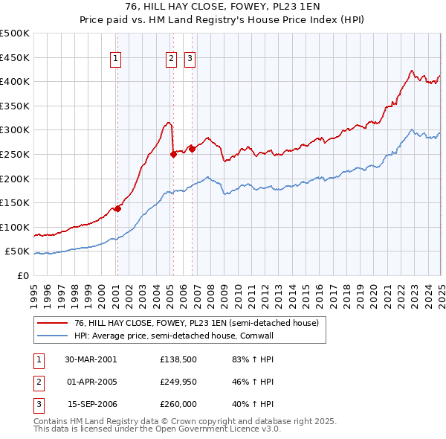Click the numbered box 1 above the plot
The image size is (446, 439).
[x=117, y=60]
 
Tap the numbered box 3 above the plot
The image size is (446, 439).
[x=190, y=60]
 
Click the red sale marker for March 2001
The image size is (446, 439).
[x=117, y=208]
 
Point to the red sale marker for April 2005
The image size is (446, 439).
[x=173, y=154]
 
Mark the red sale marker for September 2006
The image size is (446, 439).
[x=192, y=149]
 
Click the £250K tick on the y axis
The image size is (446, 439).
[x=15, y=154]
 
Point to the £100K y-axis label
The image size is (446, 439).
[x=15, y=227]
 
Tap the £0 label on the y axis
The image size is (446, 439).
[x=22, y=275]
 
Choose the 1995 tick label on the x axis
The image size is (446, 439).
[x=33, y=289]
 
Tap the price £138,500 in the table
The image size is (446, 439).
[x=177, y=359]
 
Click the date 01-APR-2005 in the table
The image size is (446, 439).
[x=91, y=382]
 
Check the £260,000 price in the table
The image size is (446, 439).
[x=177, y=404]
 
